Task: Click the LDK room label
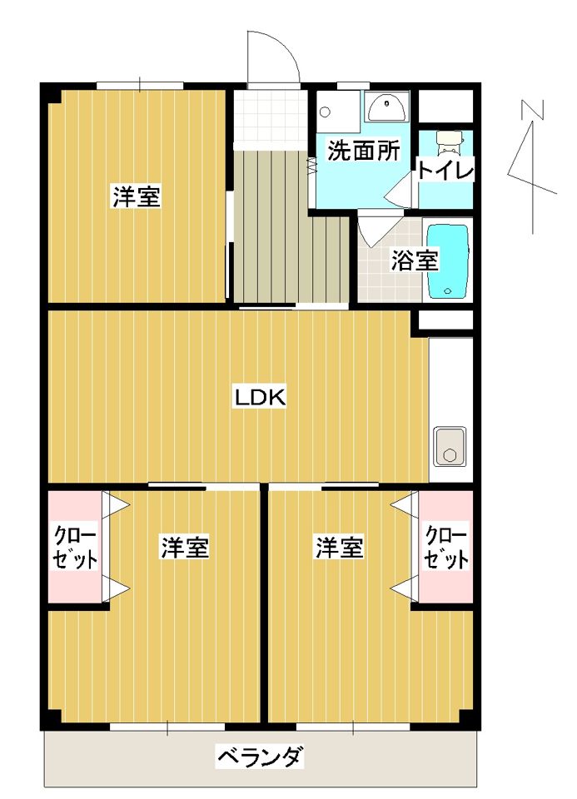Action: [x=259, y=398]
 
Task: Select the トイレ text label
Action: [x=445, y=171]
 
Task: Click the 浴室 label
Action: [x=414, y=261]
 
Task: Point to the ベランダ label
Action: [x=261, y=758]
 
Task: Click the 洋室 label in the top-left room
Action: [x=137, y=197]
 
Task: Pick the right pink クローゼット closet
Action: [x=445, y=547]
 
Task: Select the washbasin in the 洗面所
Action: [x=385, y=107]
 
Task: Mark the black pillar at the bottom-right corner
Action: [x=470, y=717]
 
